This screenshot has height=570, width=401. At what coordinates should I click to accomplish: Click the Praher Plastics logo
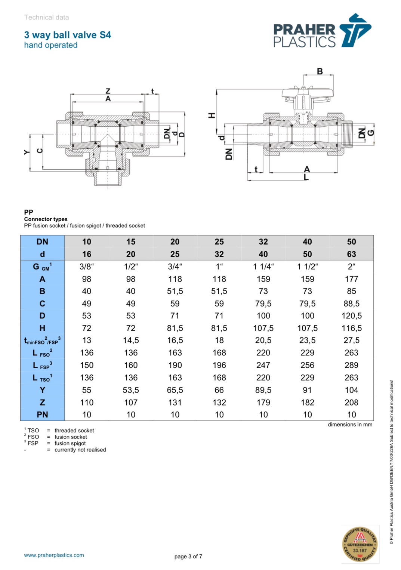[x=322, y=31]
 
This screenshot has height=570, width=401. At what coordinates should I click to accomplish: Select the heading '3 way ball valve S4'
[x=68, y=35]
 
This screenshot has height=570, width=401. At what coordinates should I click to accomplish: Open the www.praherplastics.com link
[x=54, y=555]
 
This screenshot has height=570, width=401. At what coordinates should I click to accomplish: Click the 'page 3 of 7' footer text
[x=188, y=557]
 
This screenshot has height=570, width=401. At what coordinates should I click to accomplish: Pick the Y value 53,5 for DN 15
[x=131, y=390]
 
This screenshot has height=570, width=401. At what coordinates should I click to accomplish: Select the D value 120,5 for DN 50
[x=351, y=315]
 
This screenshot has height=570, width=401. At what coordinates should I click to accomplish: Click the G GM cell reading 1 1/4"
[x=263, y=266]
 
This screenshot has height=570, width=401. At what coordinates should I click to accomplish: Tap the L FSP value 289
[x=351, y=365]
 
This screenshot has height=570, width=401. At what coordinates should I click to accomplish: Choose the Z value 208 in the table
[x=351, y=402]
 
